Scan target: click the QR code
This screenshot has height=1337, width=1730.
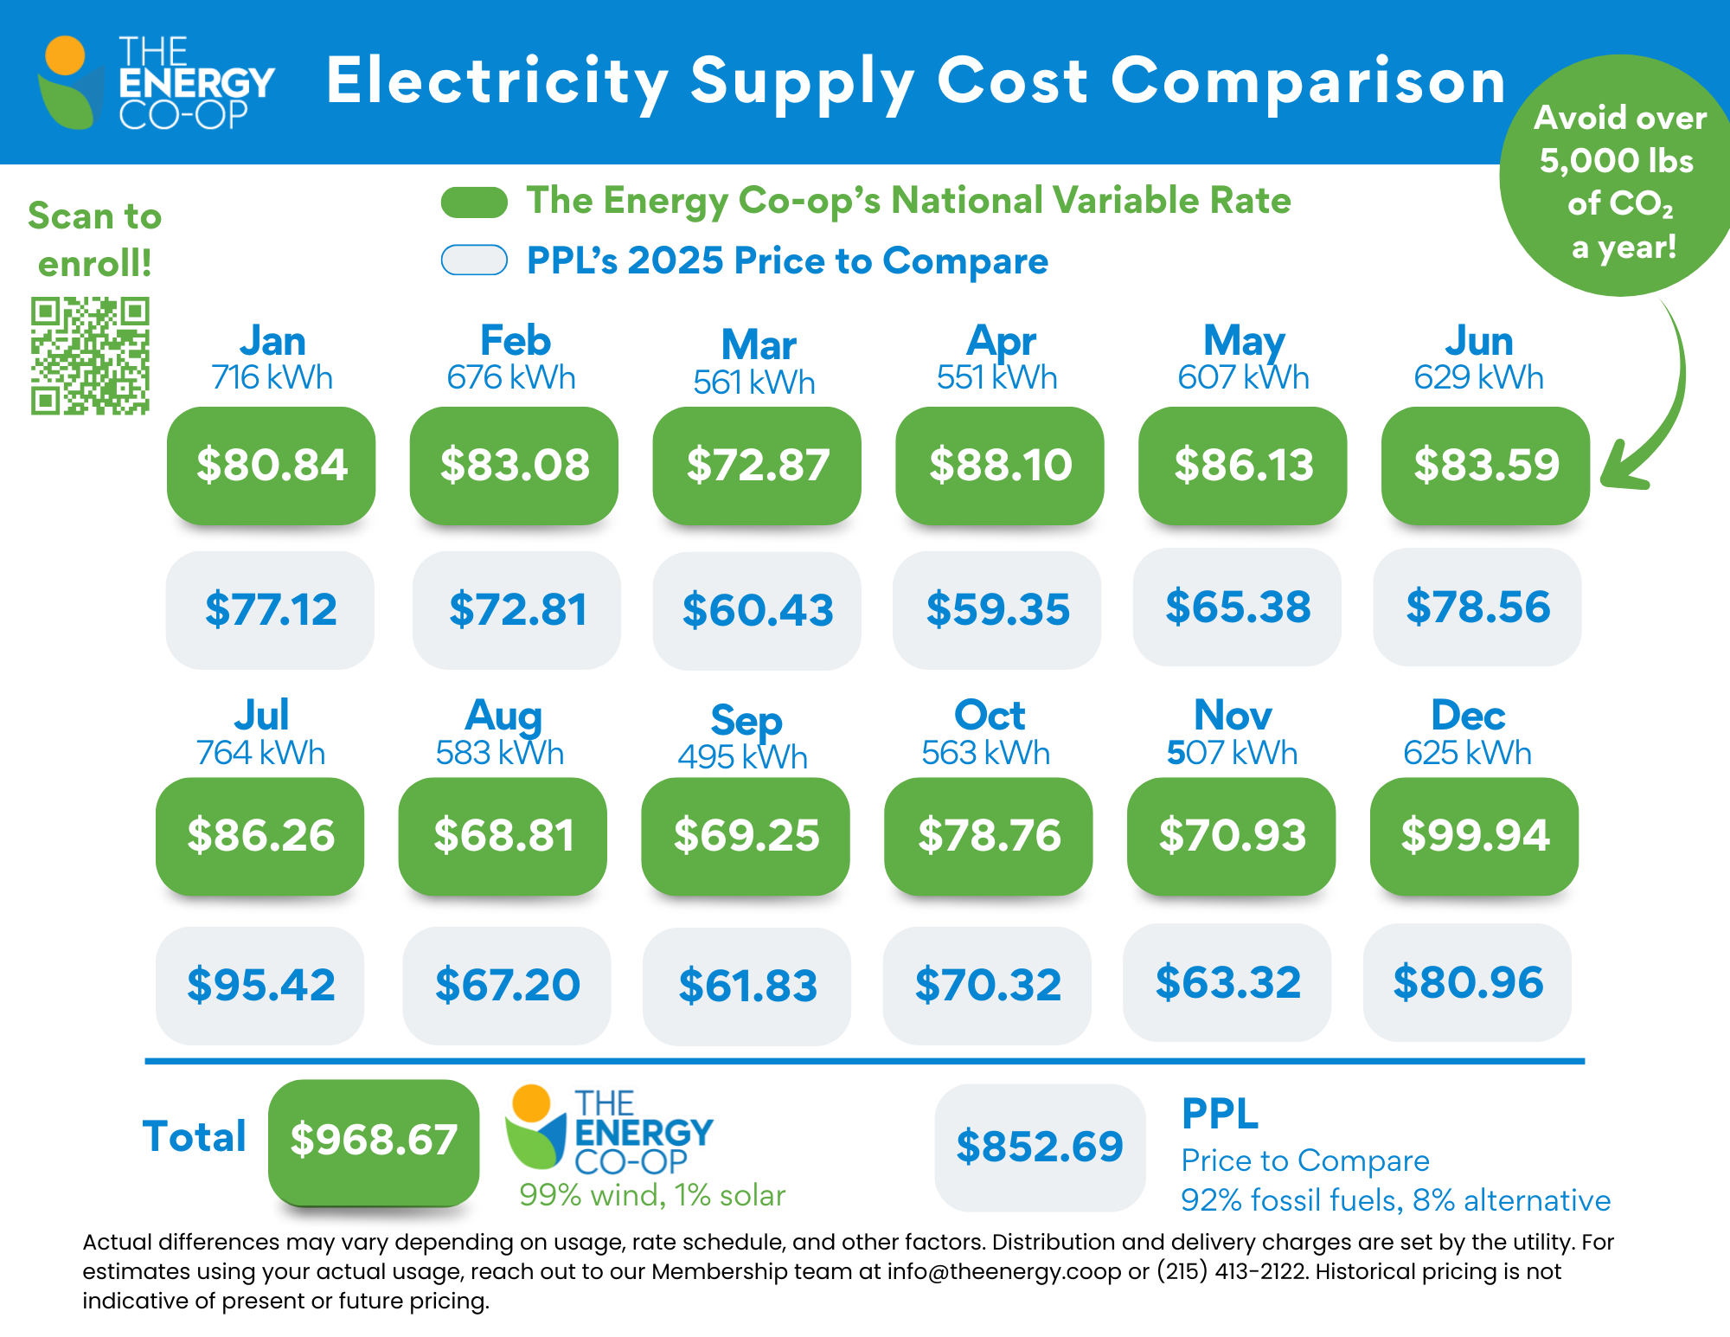pyautogui.click(x=90, y=356)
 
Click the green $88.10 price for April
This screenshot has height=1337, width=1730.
pyautogui.click(x=1000, y=465)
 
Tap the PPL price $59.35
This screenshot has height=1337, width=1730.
pyautogui.click(x=997, y=609)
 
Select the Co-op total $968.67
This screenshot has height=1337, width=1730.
pyautogui.click(x=374, y=1140)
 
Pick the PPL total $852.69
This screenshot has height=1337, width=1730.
pyautogui.click(x=1040, y=1147)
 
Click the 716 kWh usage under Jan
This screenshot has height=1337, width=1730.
pyautogui.click(x=272, y=378)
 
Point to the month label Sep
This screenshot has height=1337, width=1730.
pyautogui.click(x=746, y=720)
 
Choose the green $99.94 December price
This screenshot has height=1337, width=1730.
pyautogui.click(x=1475, y=835)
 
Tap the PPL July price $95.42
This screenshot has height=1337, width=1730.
pyautogui.click(x=260, y=985)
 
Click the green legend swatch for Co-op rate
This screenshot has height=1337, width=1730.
pyautogui.click(x=474, y=202)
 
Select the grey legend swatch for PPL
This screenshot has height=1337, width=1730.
pyautogui.click(x=474, y=260)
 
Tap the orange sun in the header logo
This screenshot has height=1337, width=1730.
pyautogui.click(x=65, y=55)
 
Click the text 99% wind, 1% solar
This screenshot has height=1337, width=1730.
pyautogui.click(x=652, y=1195)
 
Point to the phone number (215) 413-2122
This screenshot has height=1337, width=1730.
pyautogui.click(x=1232, y=1271)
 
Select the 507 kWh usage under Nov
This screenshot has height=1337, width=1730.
pyautogui.click(x=1232, y=753)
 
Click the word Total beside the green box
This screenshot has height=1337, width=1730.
pyautogui.click(x=195, y=1137)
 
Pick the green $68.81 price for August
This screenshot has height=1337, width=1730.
pyautogui.click(x=503, y=835)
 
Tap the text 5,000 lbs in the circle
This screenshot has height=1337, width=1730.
pyautogui.click(x=1616, y=161)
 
